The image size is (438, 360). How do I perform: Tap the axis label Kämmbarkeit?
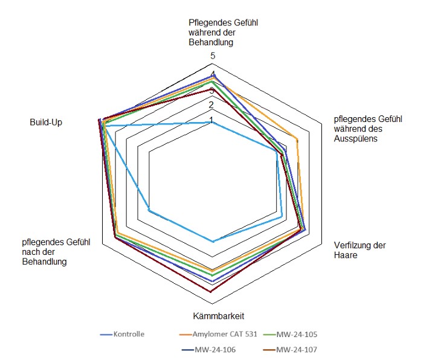pyautogui.click(x=218, y=316)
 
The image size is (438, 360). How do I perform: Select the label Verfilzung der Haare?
pyautogui.click(x=359, y=250)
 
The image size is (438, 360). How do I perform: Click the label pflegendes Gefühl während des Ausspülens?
pyautogui.click(x=368, y=129)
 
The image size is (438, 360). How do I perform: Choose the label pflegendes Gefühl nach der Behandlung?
pyautogui.click(x=56, y=252)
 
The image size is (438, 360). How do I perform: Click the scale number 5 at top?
pyautogui.click(x=213, y=57)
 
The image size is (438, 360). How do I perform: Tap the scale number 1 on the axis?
pyautogui.click(x=211, y=120)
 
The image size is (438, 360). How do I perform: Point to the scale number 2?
pyautogui.click(x=211, y=104)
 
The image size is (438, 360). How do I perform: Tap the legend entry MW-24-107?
pyautogui.click(x=297, y=349)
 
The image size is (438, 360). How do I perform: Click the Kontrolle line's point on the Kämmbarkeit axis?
pyautogui.click(x=212, y=242)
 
